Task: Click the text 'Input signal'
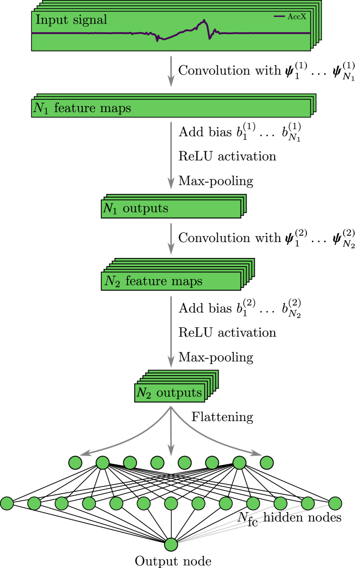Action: (71, 20)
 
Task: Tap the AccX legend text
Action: (297, 17)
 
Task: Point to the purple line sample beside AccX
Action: (279, 17)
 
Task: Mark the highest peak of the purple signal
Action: (204, 21)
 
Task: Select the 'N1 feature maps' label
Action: (82, 108)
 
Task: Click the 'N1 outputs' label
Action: (135, 209)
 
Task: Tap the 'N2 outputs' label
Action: (169, 393)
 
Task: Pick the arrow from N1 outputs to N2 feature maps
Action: (171, 238)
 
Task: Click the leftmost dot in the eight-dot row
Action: (75, 463)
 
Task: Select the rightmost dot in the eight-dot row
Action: (267, 463)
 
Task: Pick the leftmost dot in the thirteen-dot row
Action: (7, 503)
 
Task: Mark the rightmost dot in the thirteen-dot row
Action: (335, 503)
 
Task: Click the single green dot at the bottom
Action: (171, 544)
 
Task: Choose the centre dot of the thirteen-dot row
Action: (171, 503)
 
